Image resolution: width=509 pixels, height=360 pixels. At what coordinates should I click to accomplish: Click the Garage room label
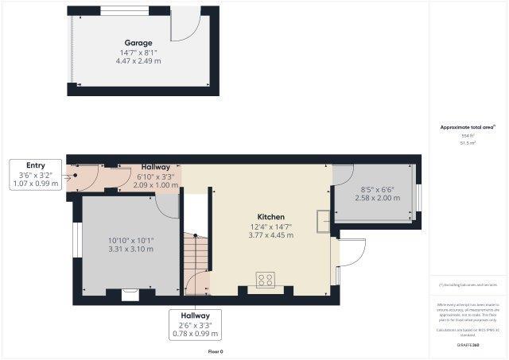138,42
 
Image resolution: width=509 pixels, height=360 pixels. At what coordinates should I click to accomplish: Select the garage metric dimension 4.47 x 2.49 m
138,61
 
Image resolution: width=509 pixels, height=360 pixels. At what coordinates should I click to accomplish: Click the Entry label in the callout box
36,165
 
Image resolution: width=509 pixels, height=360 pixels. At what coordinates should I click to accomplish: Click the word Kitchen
270,216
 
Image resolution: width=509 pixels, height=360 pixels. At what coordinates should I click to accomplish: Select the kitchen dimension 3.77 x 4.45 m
270,235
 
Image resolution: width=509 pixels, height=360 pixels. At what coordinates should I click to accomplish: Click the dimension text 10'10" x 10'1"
131,240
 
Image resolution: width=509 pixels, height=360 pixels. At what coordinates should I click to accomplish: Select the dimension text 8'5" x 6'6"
376,190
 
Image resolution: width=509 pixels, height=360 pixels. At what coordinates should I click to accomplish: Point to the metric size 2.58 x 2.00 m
376,199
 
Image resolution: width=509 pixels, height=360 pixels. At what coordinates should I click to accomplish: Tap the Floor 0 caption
216,350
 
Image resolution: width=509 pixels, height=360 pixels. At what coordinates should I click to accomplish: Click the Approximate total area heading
468,127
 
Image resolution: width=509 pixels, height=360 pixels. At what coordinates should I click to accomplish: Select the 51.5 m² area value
468,144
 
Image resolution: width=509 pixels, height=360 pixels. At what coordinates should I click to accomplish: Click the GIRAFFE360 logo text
468,344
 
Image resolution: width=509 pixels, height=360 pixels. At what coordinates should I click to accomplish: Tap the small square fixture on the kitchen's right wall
321,222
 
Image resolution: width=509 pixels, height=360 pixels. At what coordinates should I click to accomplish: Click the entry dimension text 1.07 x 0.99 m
36,184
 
